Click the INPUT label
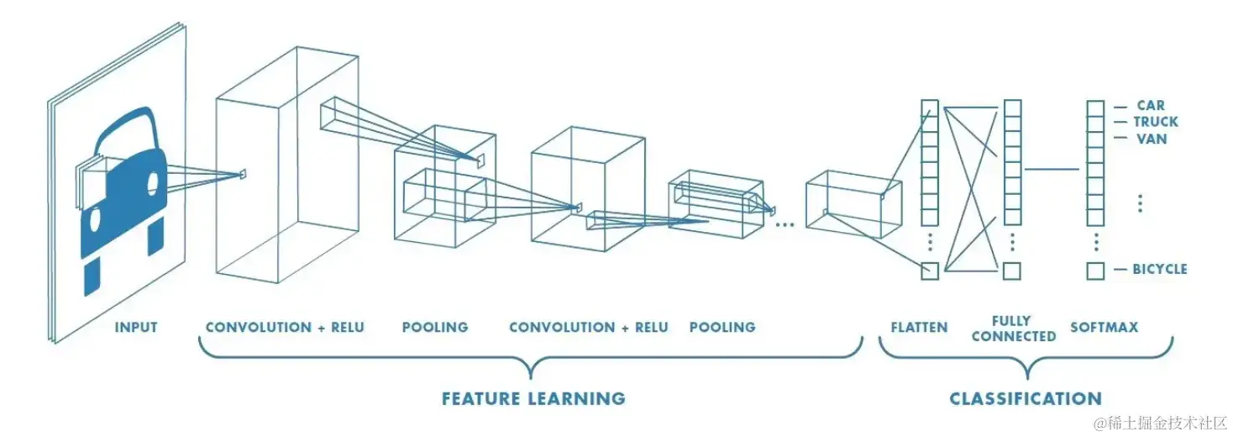136,327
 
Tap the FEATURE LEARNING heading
533,398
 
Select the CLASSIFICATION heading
1026,398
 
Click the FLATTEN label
920,327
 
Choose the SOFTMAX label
1104,327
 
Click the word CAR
1151,105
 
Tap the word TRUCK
1157,122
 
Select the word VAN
1152,139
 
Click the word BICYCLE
1160,269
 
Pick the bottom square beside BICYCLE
1094,271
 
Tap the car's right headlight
153,182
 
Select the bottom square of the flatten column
929,271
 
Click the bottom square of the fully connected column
1012,271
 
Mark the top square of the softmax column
1094,108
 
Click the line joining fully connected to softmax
1051,169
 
